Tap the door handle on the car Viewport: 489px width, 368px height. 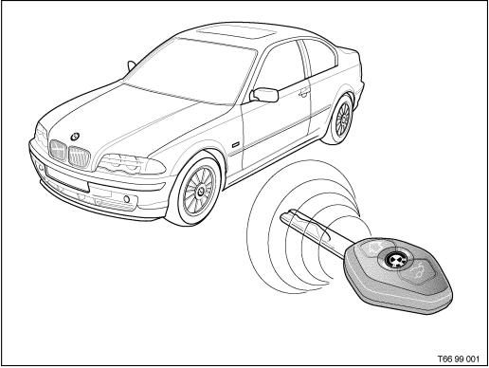pyautogui.click(x=301, y=93)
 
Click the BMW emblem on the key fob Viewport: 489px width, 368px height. pyautogui.click(x=393, y=257)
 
